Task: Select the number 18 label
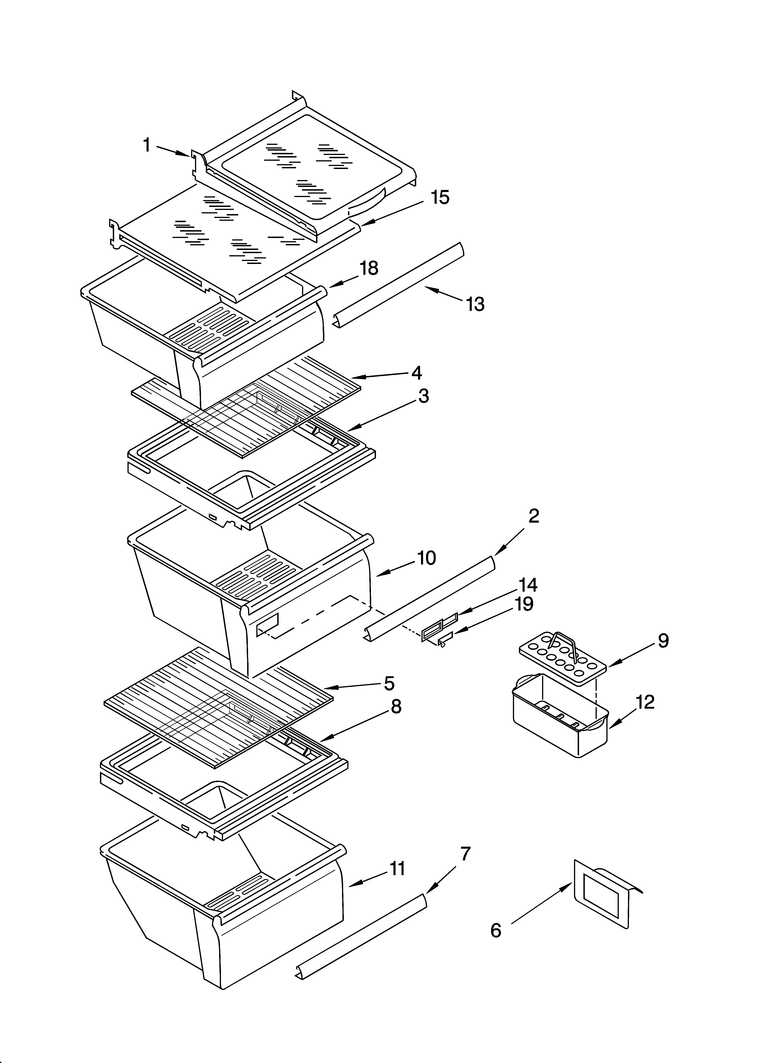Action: [369, 269]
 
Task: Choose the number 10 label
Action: [426, 558]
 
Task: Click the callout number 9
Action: [663, 641]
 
